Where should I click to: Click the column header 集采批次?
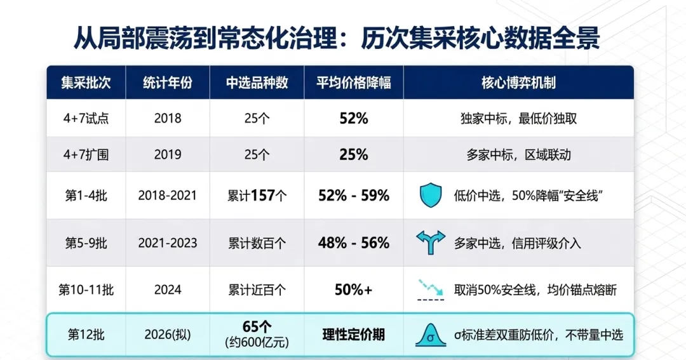pyautogui.click(x=86, y=83)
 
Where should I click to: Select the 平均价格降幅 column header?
pyautogui.click(x=354, y=83)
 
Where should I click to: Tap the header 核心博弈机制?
pyautogui.click(x=518, y=83)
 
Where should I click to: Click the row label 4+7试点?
pyautogui.click(x=86, y=119)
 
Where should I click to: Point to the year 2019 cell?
pyautogui.click(x=168, y=154)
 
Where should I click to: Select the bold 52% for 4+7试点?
pyautogui.click(x=354, y=119)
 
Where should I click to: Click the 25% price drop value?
pyautogui.click(x=354, y=154)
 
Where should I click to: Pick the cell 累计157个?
pyautogui.click(x=257, y=196)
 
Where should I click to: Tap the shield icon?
pyautogui.click(x=431, y=195)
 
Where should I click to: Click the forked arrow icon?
pyautogui.click(x=431, y=243)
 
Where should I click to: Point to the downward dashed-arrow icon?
pyautogui.click(x=431, y=290)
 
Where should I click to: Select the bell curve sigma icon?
pyautogui.click(x=431, y=335)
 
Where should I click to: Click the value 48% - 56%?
pyautogui.click(x=354, y=243)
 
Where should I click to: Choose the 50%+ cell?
pyautogui.click(x=354, y=290)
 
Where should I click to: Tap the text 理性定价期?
pyautogui.click(x=354, y=335)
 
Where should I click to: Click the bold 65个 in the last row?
pyautogui.click(x=257, y=327)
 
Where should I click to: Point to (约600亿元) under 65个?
pyautogui.click(x=257, y=342)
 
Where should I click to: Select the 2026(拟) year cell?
pyautogui.click(x=168, y=335)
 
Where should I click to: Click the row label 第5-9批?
pyautogui.click(x=86, y=243)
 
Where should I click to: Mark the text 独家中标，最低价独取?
pyautogui.click(x=518, y=119)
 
